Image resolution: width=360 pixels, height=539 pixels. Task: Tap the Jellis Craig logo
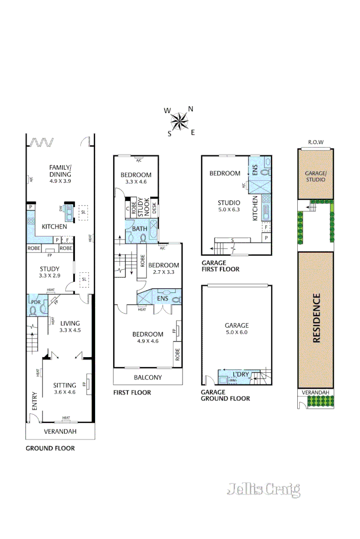[263, 489]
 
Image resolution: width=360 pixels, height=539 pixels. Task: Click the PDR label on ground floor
[35, 303]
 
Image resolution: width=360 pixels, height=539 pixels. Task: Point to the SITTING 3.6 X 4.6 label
[65, 388]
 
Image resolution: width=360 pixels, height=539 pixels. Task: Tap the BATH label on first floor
[140, 228]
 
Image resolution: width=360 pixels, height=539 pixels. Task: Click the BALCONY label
[148, 377]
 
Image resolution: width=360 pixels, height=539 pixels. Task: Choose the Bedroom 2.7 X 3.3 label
[163, 268]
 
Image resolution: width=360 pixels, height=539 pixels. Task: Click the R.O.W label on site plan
[316, 142]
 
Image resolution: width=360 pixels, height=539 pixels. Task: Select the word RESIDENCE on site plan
[317, 318]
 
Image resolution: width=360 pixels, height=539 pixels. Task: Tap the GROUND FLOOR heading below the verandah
[50, 448]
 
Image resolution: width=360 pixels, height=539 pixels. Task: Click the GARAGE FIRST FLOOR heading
[220, 266]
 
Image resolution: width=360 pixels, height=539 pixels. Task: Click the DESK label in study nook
[155, 209]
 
